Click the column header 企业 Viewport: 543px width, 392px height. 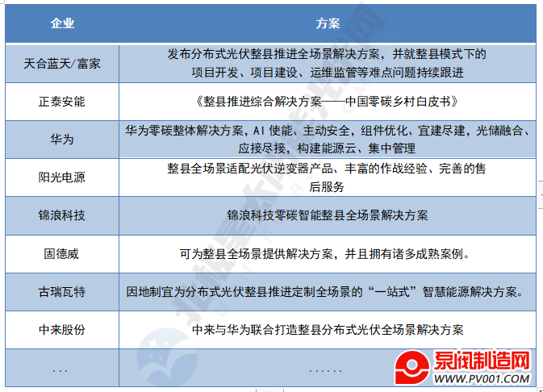[62, 23]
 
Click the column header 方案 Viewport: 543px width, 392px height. [328, 23]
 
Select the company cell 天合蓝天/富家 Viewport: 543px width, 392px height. [62, 64]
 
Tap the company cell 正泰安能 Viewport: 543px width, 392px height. [62, 102]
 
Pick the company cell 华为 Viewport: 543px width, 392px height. [62, 140]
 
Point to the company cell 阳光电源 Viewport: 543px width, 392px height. [62, 177]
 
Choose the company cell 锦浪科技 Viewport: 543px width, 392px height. [62, 215]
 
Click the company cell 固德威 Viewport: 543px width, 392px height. [61, 254]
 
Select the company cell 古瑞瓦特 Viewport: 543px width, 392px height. [62, 292]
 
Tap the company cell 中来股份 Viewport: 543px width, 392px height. [62, 330]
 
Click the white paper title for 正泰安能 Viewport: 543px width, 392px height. [328, 102]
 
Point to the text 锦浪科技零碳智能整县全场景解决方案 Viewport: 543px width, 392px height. [328, 215]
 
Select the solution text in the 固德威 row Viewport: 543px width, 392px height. [325, 254]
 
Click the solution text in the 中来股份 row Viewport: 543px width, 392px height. [328, 330]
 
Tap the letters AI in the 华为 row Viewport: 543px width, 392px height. [258, 131]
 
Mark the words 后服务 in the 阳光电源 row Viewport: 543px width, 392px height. [327, 187]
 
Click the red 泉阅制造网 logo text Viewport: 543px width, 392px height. [482, 361]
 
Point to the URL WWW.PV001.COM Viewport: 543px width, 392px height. [482, 378]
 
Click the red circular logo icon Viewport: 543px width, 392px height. [412, 367]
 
